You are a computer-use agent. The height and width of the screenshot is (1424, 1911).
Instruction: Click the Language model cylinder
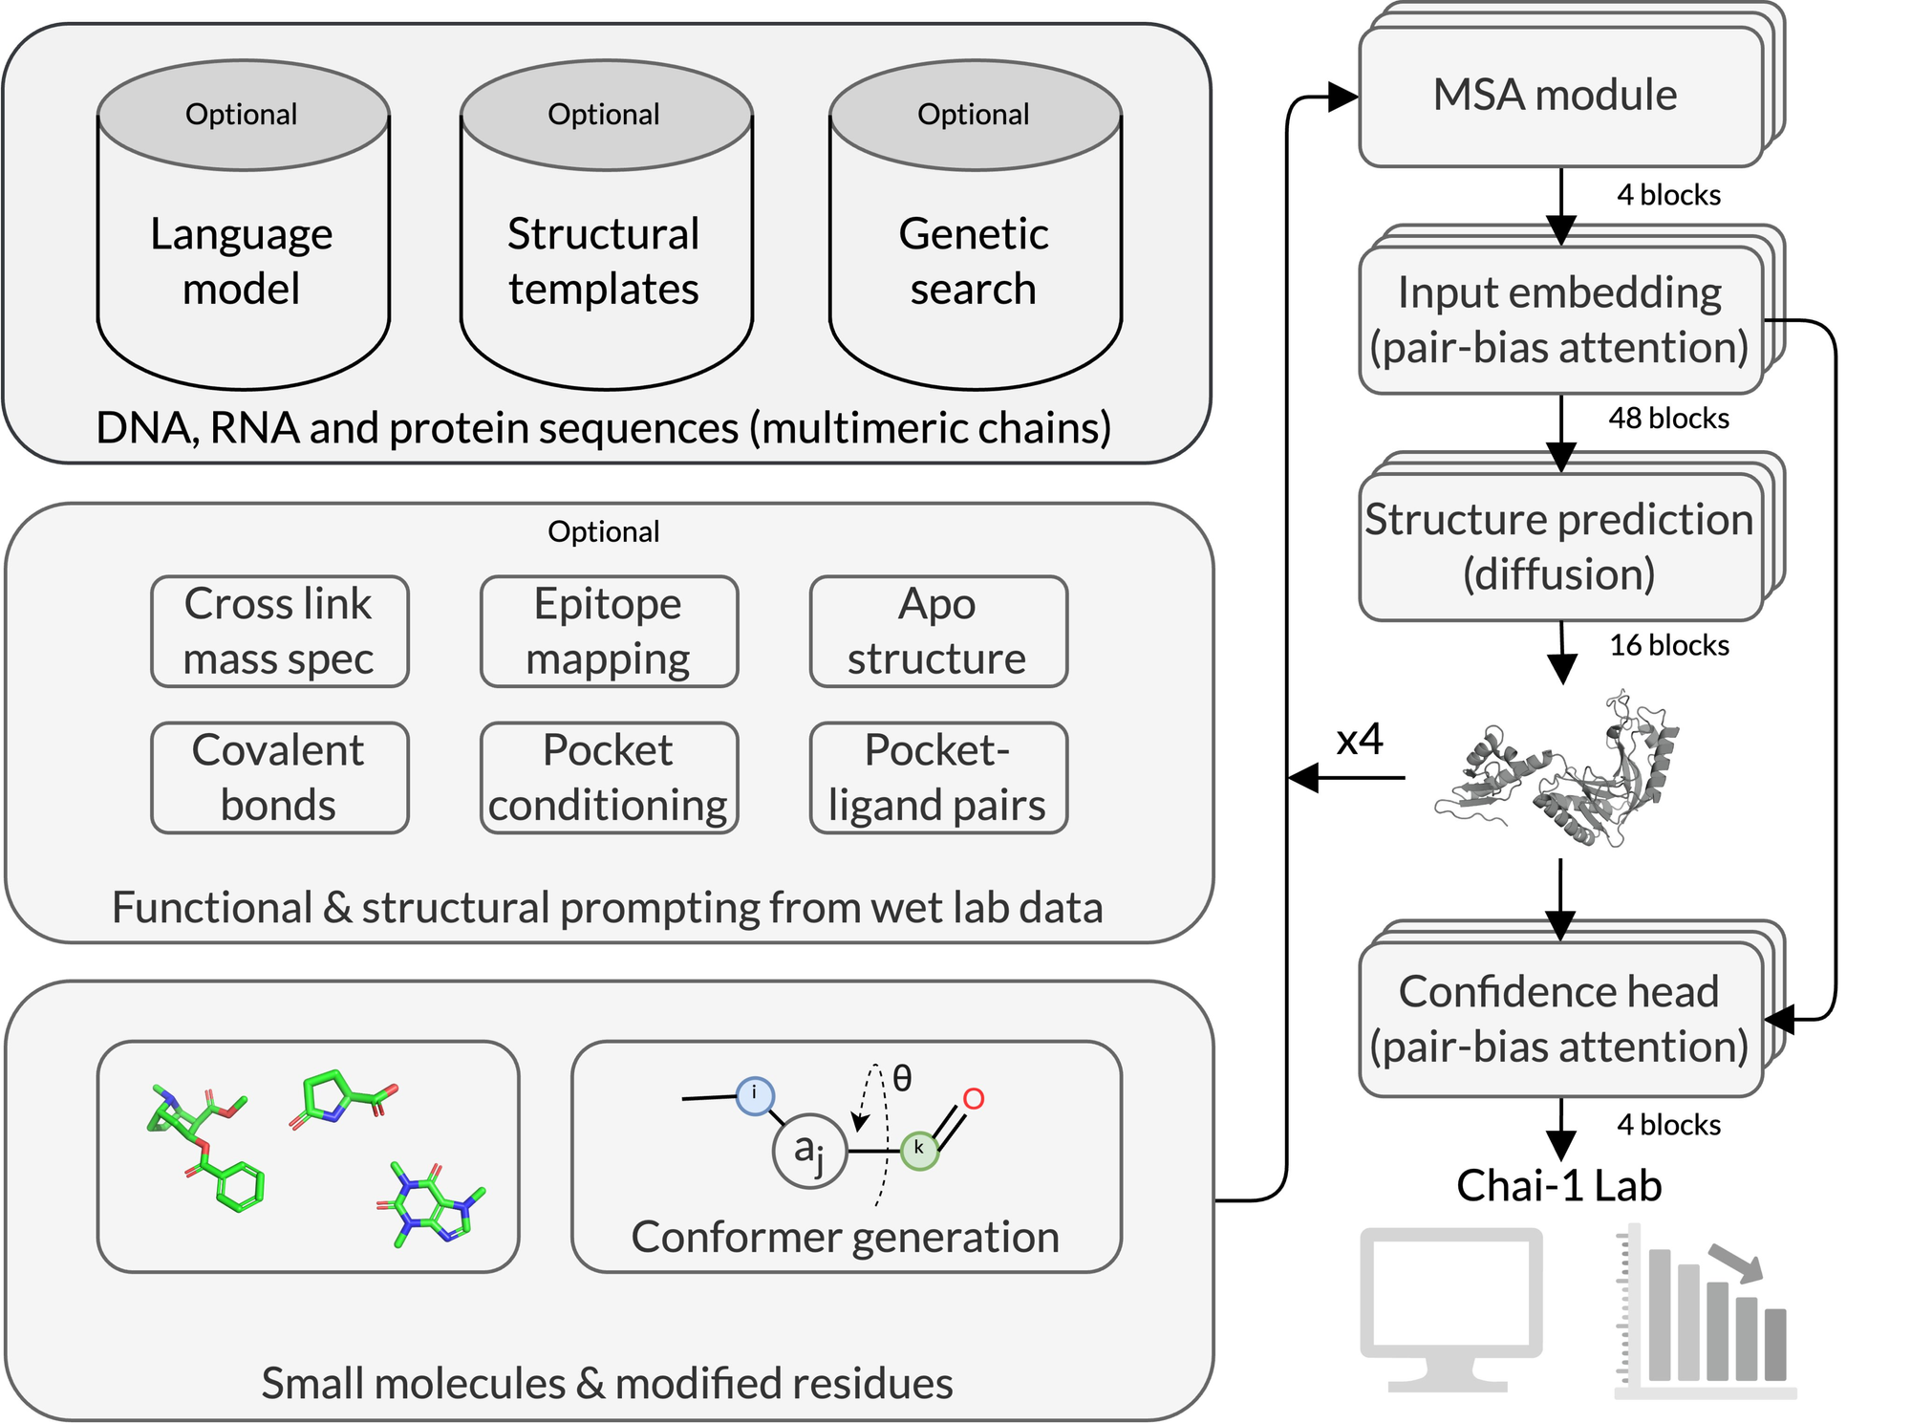click(243, 258)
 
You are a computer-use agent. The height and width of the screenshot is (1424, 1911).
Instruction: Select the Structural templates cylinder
click(606, 258)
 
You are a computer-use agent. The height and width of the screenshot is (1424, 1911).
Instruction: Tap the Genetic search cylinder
click(975, 258)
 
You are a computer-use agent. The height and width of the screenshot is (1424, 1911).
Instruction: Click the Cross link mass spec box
click(279, 632)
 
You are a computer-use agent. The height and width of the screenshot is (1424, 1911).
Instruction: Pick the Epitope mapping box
click(609, 632)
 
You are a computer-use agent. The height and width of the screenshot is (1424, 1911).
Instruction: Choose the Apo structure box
click(938, 632)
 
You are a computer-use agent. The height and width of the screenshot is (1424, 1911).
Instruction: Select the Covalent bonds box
click(279, 778)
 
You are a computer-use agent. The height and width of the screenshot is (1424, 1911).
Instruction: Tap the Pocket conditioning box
click(609, 778)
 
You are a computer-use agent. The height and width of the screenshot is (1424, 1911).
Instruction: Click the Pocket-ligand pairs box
click(938, 778)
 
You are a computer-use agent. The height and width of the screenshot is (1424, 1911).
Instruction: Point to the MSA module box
click(1559, 96)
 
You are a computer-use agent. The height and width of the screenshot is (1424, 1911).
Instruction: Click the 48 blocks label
click(1668, 419)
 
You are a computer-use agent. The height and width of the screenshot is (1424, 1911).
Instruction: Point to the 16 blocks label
click(1668, 646)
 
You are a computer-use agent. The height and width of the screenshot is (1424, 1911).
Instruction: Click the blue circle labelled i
click(755, 1095)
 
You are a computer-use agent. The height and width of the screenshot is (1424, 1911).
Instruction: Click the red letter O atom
click(973, 1099)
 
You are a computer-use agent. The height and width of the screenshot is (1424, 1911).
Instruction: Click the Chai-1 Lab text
click(1559, 1186)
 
